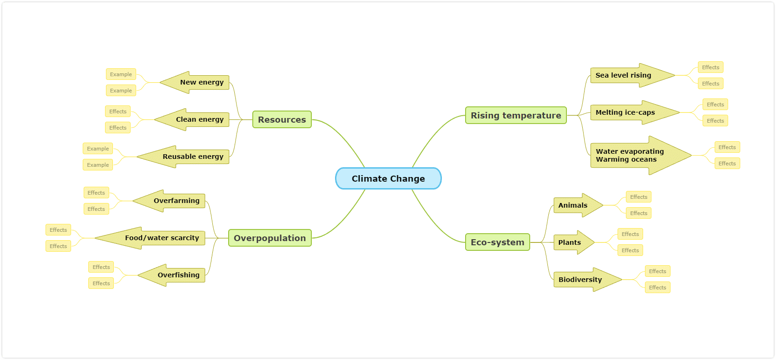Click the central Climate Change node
(x=388, y=179)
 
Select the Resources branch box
(x=282, y=119)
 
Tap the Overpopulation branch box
(x=270, y=238)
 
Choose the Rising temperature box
(x=516, y=115)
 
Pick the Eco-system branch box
(x=498, y=242)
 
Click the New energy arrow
(x=195, y=82)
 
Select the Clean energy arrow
(x=192, y=119)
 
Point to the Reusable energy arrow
(x=183, y=157)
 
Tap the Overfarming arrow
(x=169, y=201)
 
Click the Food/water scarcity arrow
(x=150, y=238)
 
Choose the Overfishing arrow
(x=171, y=275)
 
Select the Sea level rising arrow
(x=632, y=75)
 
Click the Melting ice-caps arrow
(x=635, y=112)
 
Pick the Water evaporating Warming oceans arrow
(x=641, y=156)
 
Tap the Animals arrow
(x=578, y=205)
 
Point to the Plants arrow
(x=574, y=242)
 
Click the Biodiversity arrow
(x=587, y=279)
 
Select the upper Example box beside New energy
(x=121, y=74)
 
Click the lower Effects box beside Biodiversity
(x=658, y=288)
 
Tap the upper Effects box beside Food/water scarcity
(x=58, y=230)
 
